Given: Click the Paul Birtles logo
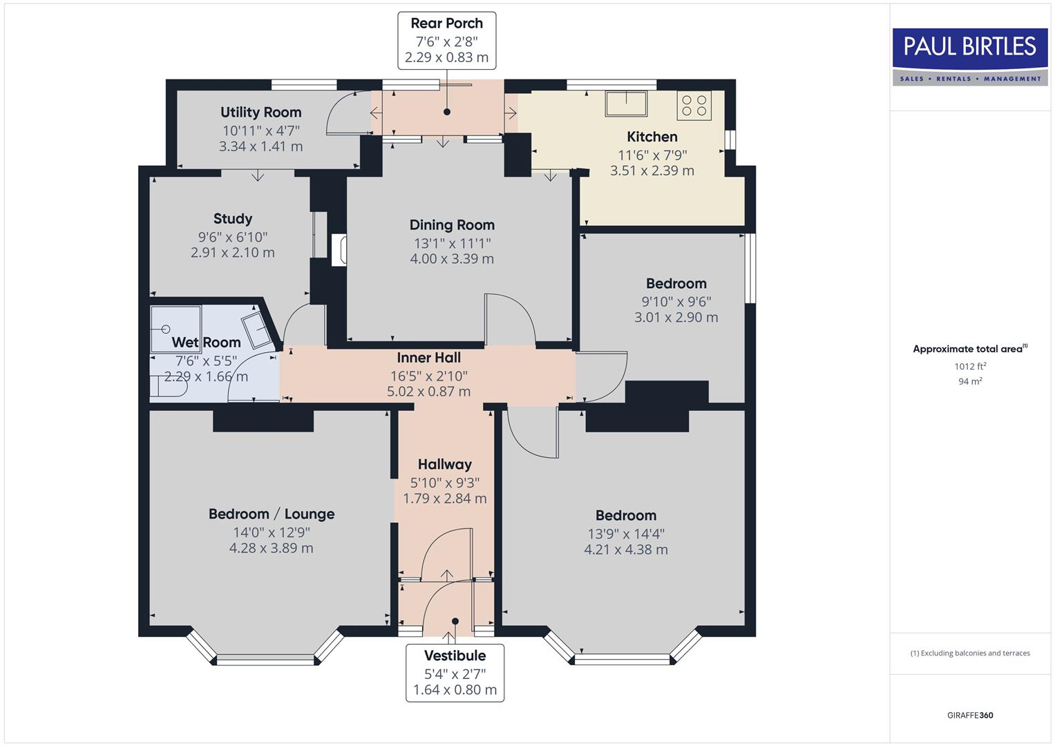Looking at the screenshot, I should point(969,57).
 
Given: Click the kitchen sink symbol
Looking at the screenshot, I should point(626,103).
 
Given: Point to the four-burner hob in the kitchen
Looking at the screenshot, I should point(694,105).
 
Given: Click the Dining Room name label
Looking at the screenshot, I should point(452,225).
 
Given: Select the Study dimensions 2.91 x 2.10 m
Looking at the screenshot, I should point(233,253).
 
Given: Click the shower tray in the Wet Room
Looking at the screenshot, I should point(175,329).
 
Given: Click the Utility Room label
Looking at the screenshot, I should point(260,113).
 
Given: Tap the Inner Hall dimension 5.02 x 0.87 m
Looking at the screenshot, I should point(428,392).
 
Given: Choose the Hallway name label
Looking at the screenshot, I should point(444,465).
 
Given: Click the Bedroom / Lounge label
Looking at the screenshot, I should point(271,514).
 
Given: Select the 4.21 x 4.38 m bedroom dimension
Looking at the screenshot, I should point(625,550).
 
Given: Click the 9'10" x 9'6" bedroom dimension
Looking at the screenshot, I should point(676,301).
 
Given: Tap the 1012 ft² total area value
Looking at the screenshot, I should point(970,366).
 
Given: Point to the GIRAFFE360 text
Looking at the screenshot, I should point(969,715).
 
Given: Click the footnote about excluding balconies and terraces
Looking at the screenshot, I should point(969,653).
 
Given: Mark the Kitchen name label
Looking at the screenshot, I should point(652,137).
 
